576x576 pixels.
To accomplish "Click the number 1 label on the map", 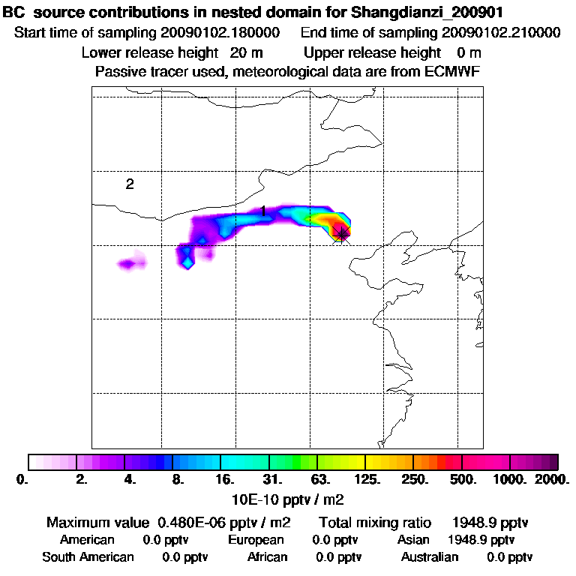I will pos(263,212).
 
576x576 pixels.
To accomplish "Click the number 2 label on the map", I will pos(130,184).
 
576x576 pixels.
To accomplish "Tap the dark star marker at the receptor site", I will pos(343,234).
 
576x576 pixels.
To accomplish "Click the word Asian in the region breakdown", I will pos(413,540).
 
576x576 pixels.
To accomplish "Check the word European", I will pos(256,540).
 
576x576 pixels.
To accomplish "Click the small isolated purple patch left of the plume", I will pos(131,263).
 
